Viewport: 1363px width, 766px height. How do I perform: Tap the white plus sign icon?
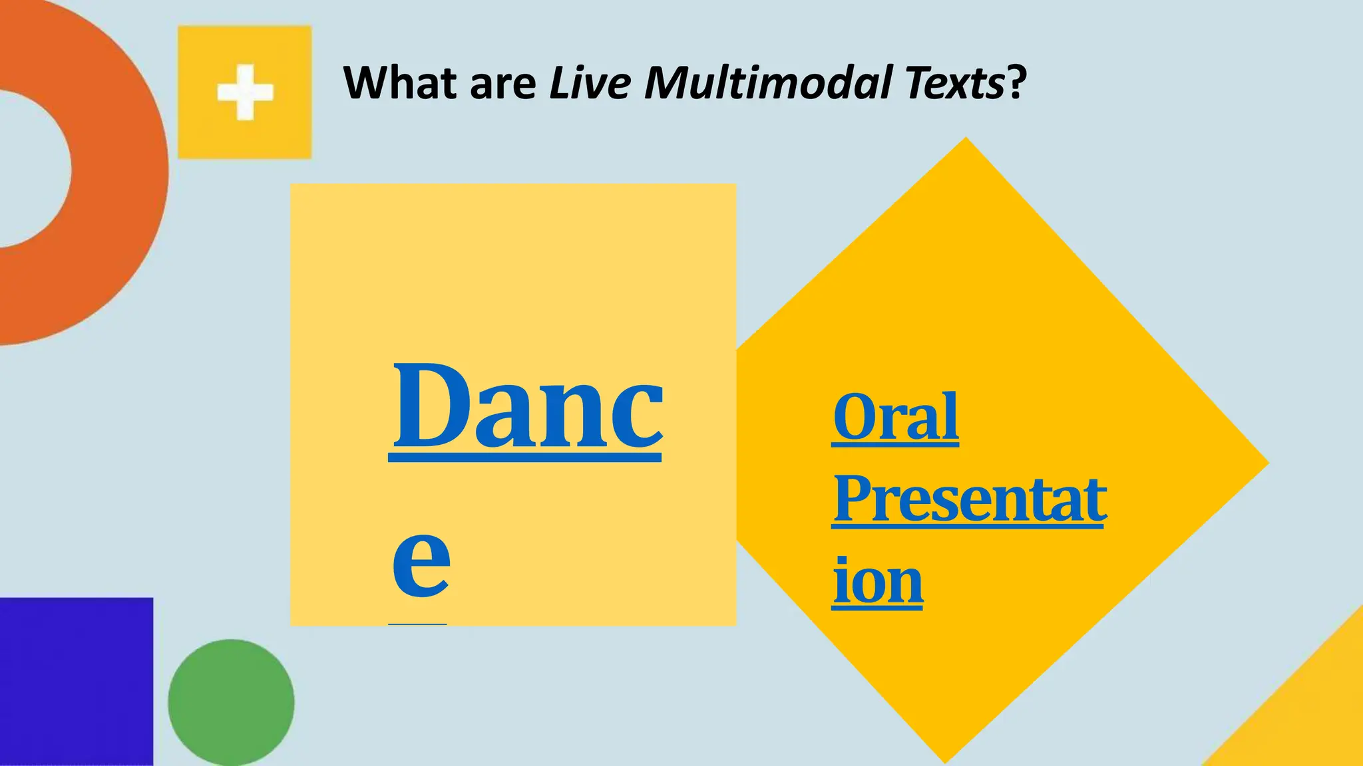point(245,92)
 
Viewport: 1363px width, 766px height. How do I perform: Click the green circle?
point(231,702)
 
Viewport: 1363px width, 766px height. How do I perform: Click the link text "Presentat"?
point(969,499)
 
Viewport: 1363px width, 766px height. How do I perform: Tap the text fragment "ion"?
point(878,581)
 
